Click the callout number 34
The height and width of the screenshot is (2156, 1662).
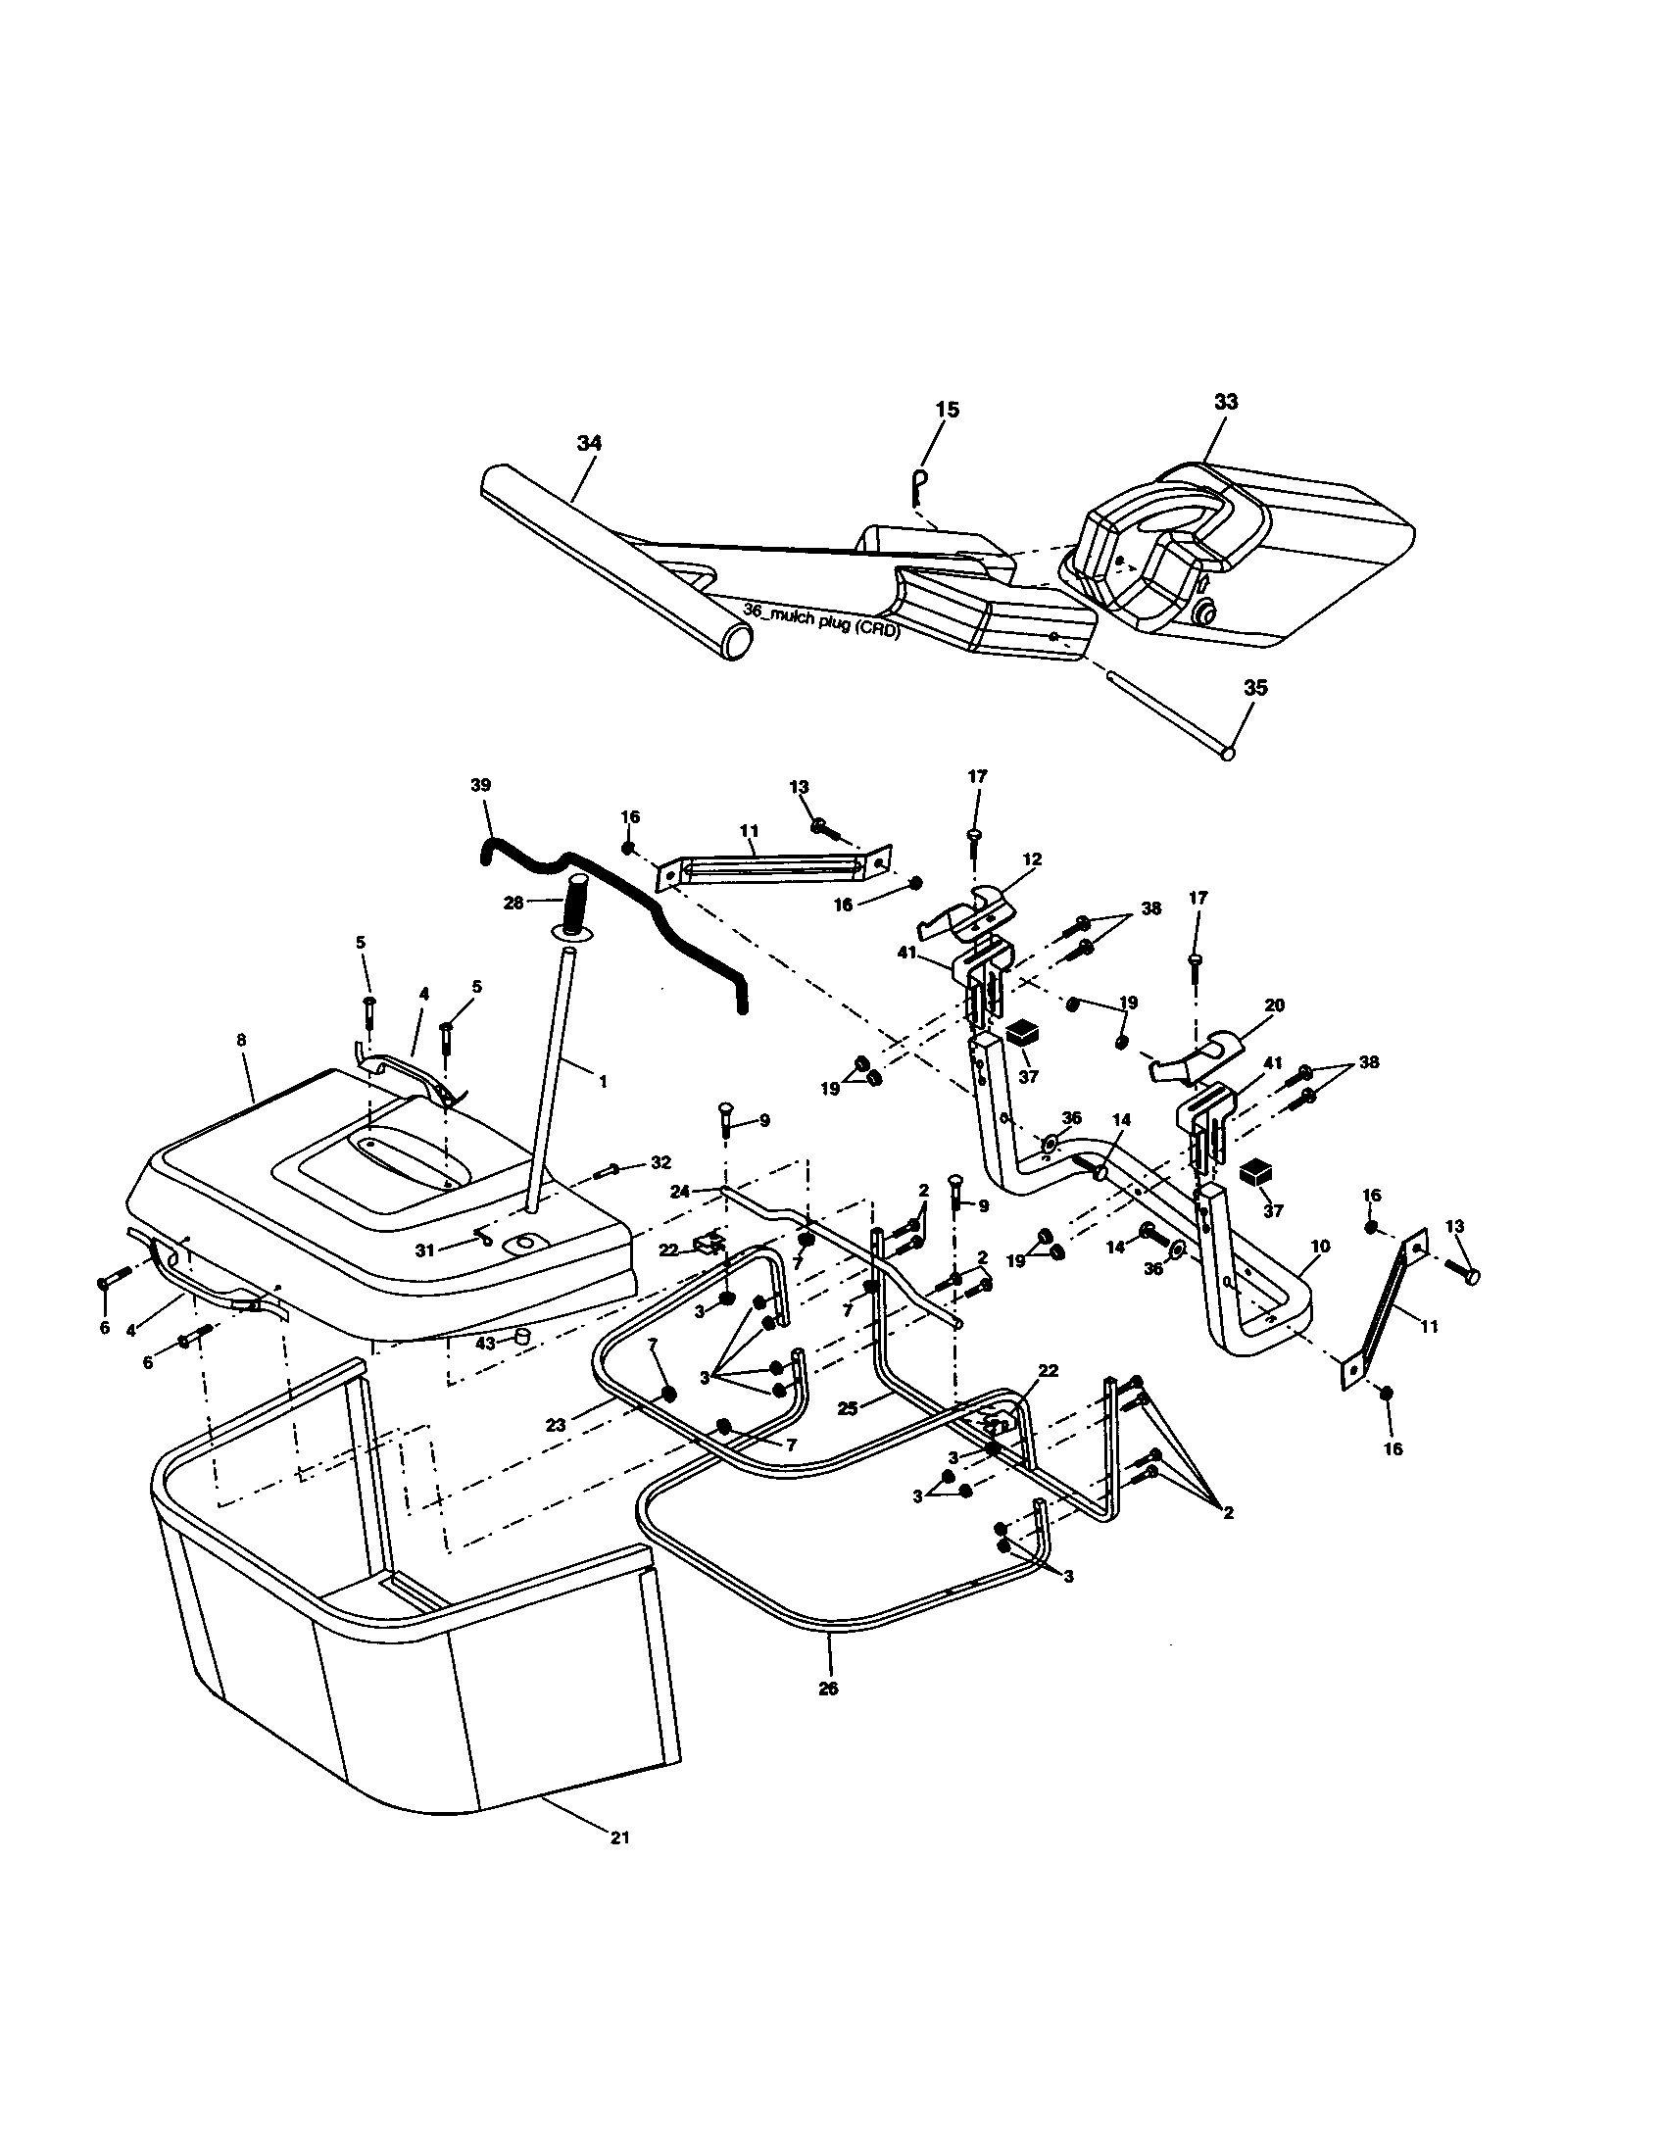click(x=589, y=444)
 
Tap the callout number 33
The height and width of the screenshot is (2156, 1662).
click(x=1226, y=402)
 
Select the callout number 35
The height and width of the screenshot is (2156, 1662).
click(x=1254, y=688)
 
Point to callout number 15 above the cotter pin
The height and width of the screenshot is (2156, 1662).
click(x=947, y=409)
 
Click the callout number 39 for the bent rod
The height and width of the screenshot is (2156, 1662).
click(x=480, y=785)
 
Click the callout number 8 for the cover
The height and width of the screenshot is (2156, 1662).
click(x=242, y=1040)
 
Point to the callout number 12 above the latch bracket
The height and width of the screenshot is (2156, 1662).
click(x=1033, y=859)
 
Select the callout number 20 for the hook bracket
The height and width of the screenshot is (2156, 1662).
click(x=1274, y=1004)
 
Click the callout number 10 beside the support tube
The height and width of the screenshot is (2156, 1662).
click(x=1321, y=1247)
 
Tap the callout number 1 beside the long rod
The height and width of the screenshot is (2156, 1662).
click(x=603, y=1081)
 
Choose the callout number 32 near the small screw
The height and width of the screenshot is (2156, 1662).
click(x=660, y=1163)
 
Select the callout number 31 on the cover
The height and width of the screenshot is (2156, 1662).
click(x=424, y=1250)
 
